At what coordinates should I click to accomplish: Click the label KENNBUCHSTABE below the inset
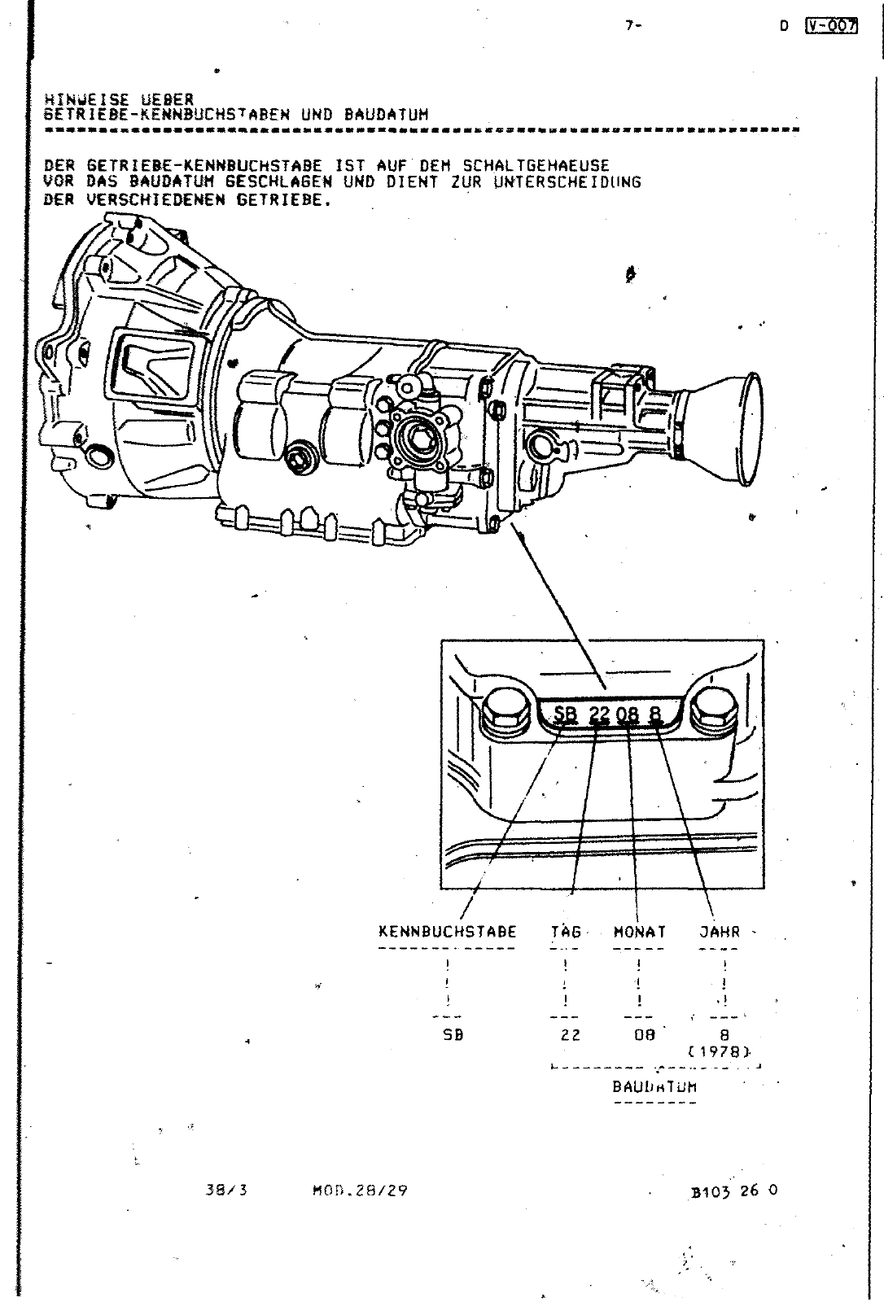coord(448,932)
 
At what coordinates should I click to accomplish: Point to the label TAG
coord(566,932)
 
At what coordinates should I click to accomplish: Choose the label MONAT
coord(639,932)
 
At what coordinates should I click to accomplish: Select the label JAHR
coord(720,932)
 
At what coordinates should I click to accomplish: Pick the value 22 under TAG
coord(571,1036)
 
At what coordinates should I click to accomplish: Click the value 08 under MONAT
coord(644,1036)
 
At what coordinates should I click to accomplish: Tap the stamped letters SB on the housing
coord(565,715)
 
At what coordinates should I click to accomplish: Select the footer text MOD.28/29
coord(360,1191)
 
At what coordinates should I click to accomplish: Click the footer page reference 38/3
coord(226,1191)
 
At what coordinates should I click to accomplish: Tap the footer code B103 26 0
coord(733,1191)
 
